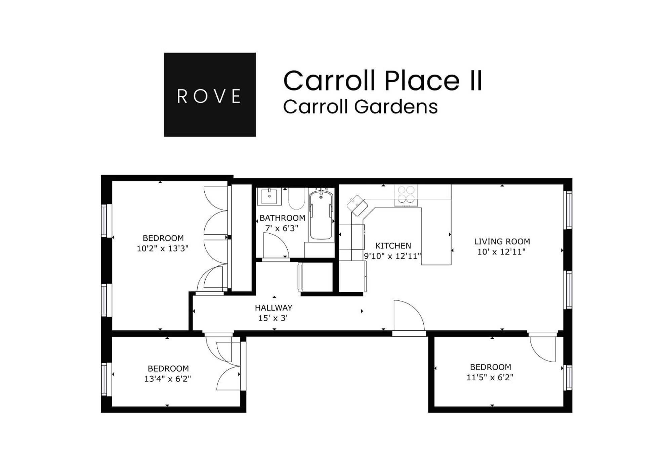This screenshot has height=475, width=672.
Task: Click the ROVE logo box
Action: [210, 95]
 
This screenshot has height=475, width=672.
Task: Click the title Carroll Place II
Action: [383, 81]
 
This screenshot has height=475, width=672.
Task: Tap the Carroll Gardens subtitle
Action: [360, 107]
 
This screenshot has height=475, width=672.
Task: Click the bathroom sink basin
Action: [269, 196]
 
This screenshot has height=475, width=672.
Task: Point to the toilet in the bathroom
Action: [296, 199]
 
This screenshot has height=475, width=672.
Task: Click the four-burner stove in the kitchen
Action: [406, 195]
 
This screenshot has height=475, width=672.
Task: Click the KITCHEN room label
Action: [393, 245]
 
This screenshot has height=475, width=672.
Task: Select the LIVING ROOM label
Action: [502, 241]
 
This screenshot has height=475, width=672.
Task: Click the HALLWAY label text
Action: [273, 307]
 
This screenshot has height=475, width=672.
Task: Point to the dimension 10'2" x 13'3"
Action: [163, 248]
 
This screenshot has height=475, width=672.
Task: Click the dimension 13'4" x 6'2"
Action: [168, 379]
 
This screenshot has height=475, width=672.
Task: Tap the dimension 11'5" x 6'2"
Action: [490, 377]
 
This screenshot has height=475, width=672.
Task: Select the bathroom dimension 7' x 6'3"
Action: [282, 228]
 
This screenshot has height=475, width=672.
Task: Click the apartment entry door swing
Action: [408, 316]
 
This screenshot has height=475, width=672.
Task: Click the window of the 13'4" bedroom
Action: [104, 379]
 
